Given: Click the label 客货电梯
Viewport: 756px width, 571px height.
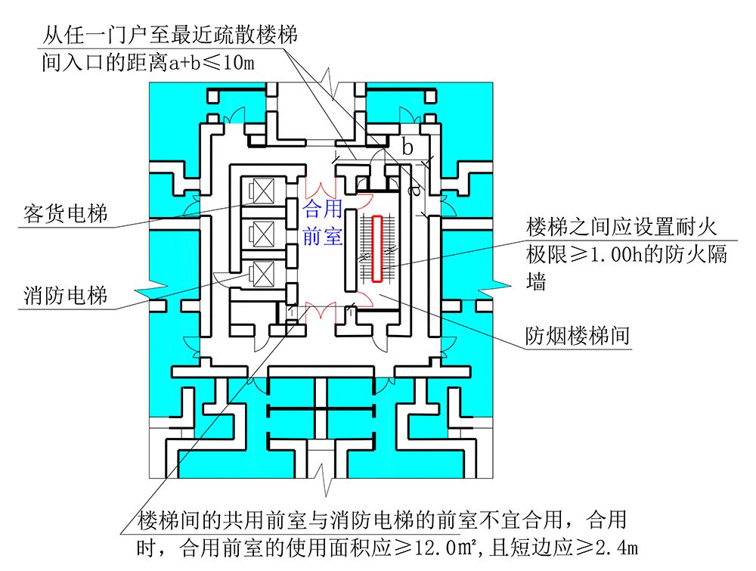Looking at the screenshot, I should click(63, 214).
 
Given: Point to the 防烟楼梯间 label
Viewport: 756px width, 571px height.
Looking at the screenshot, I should click(578, 336).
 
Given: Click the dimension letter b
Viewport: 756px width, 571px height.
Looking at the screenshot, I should click(407, 147).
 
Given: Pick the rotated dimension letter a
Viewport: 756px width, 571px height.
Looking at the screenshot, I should click(415, 191).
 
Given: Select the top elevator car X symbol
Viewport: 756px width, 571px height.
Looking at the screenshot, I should click(265, 191).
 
